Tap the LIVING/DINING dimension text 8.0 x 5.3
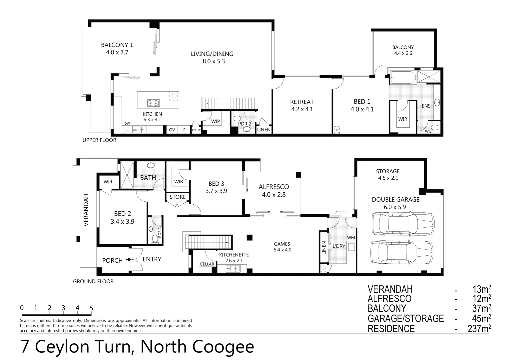212,61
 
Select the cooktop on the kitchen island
154,103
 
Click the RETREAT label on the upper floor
302,102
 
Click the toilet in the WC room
434,127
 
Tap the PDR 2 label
245,124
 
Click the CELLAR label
207,264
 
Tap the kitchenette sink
233,268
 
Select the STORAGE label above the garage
388,171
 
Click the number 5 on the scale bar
91,308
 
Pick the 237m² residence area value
479,329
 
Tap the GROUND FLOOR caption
93,282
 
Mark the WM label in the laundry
351,237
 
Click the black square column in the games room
249,237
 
